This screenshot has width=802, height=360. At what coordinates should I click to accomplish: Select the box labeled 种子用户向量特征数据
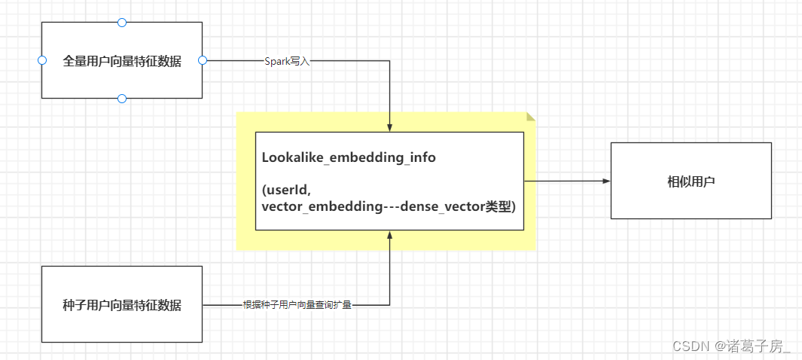click(x=122, y=305)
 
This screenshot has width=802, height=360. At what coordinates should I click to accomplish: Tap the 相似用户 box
click(x=691, y=182)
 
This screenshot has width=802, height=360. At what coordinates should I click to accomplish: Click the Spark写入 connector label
click(x=287, y=61)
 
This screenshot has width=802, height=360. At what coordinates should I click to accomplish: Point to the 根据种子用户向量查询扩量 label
click(x=297, y=305)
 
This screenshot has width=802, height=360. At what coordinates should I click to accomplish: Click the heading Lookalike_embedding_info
click(x=349, y=158)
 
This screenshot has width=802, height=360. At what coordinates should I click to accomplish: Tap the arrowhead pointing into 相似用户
click(x=605, y=182)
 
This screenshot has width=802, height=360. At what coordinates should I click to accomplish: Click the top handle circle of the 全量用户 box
click(x=122, y=23)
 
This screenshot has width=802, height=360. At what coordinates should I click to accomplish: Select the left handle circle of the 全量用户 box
click(x=42, y=60)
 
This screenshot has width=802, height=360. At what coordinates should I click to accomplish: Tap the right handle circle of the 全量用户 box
click(x=202, y=60)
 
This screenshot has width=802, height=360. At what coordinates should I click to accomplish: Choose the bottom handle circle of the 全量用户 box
click(x=122, y=99)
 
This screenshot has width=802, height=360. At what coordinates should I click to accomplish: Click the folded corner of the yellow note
click(x=531, y=117)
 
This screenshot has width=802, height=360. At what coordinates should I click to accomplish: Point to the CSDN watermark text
click(x=691, y=346)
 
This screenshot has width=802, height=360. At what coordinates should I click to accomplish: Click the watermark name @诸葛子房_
click(x=753, y=346)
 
